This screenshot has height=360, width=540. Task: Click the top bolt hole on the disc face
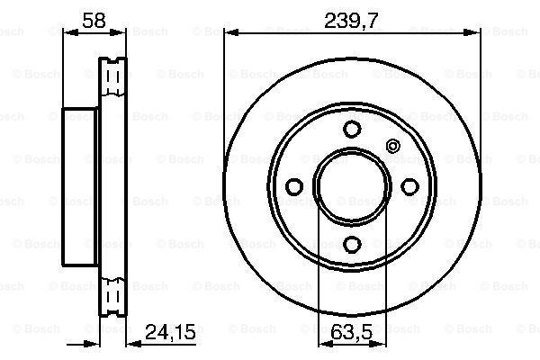click(352, 127)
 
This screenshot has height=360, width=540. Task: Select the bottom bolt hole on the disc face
click(352, 243)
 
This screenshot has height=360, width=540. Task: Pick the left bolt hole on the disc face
click(293, 185)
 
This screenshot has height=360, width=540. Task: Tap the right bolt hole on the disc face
click(410, 185)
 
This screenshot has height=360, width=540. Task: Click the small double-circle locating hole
click(392, 146)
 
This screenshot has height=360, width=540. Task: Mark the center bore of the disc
click(352, 185)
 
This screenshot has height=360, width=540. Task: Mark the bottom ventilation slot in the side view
click(113, 295)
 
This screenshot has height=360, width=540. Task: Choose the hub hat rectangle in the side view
click(79, 185)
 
